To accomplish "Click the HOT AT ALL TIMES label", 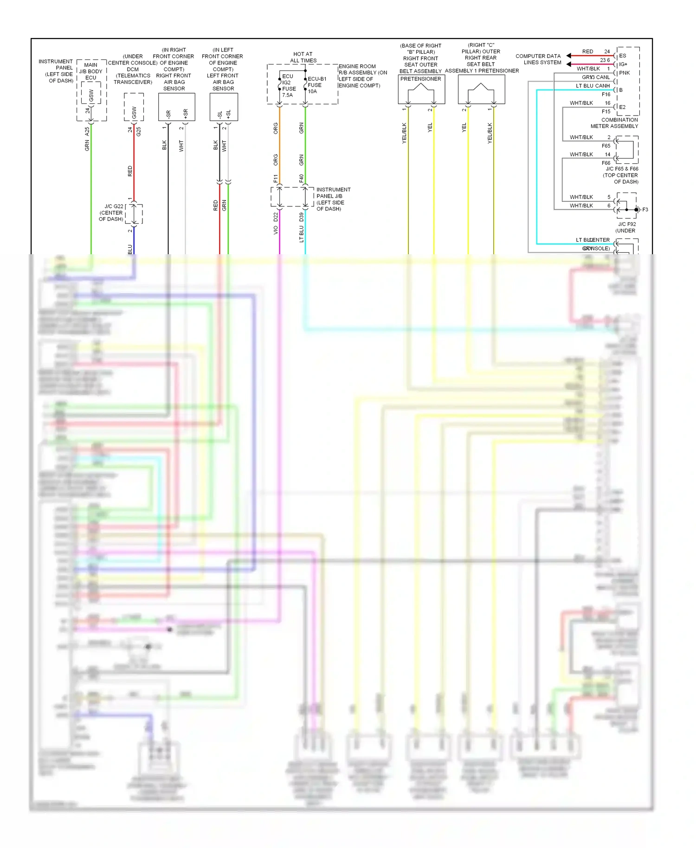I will [x=303, y=57].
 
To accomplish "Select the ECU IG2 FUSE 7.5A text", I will [x=288, y=85].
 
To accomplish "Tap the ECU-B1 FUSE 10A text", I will [x=316, y=85].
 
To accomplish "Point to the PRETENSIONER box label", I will [x=420, y=79].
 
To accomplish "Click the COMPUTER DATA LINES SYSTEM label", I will [x=538, y=59].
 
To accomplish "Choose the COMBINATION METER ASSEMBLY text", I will [x=614, y=123].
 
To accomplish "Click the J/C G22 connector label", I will [x=111, y=212].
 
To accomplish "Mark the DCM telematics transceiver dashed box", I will [x=134, y=107].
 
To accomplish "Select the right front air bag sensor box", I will [x=176, y=107].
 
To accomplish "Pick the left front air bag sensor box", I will [x=224, y=107].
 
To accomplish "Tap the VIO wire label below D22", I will [x=276, y=230].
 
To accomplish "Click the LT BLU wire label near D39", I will [x=301, y=234].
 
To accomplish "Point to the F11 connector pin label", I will [x=276, y=178].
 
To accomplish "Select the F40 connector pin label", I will [x=301, y=178].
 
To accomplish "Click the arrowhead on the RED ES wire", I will [x=568, y=56].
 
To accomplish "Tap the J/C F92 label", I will [x=627, y=224].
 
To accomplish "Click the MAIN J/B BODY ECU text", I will [x=90, y=71].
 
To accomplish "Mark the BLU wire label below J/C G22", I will [x=130, y=249].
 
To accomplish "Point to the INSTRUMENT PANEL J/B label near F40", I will [x=333, y=199].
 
